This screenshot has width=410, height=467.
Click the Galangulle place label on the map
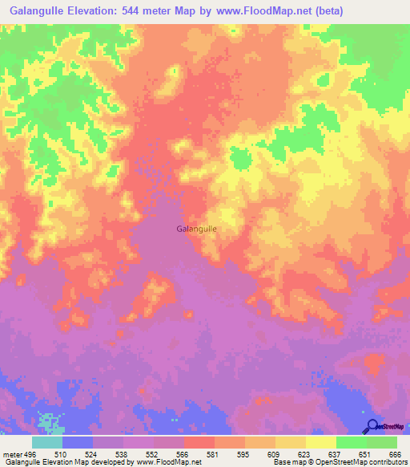pos(195,229)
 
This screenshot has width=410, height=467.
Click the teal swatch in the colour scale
pos(47,442)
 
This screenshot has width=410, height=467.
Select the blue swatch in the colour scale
pos(78,442)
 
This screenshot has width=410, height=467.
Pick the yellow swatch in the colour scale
pos(321,442)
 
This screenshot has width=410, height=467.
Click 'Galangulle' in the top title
pos(42,10)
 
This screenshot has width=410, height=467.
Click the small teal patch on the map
pos(50,421)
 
